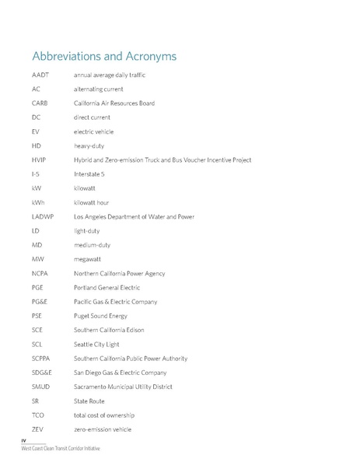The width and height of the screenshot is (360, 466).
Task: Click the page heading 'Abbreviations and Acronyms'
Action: click(104, 57)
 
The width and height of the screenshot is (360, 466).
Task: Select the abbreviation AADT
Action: click(40, 75)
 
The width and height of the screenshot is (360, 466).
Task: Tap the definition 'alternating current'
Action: click(98, 89)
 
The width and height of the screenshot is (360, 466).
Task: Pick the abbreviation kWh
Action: click(37, 202)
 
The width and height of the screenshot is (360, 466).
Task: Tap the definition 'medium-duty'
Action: click(93, 245)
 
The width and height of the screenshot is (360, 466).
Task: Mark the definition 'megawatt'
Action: click(89, 259)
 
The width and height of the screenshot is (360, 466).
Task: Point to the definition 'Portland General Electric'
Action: click(110, 287)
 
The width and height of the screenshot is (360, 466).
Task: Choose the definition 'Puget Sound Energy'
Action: click(102, 316)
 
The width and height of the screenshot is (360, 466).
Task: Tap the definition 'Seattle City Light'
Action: click(100, 344)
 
